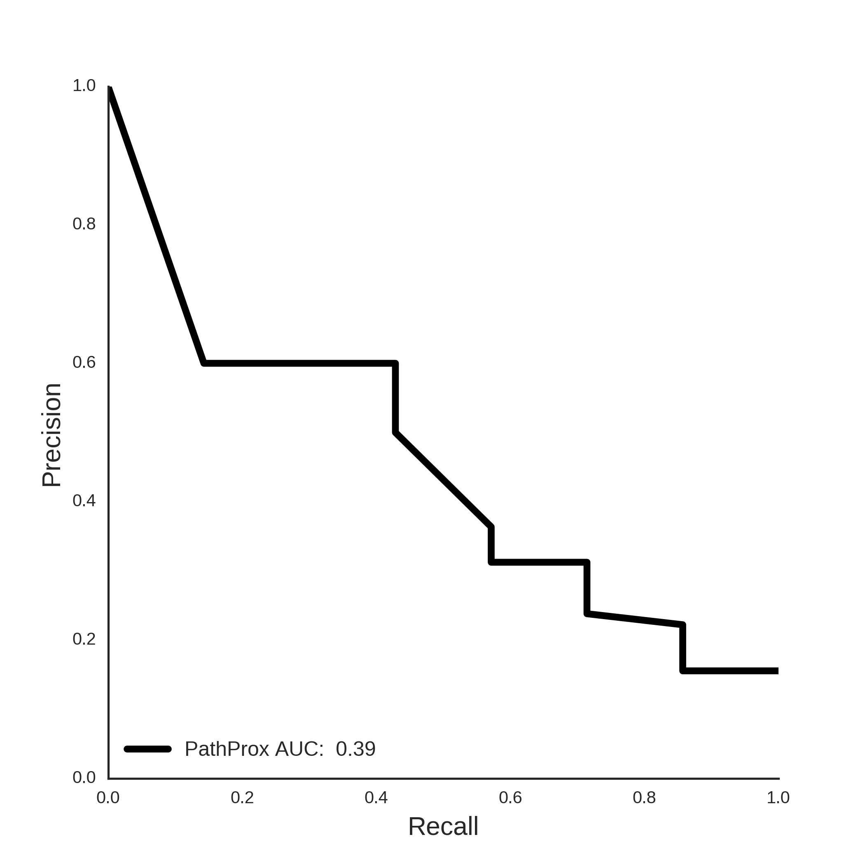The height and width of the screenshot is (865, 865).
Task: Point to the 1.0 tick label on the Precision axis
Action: pyautogui.click(x=84, y=86)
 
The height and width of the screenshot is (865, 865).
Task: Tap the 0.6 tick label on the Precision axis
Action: pyautogui.click(x=84, y=362)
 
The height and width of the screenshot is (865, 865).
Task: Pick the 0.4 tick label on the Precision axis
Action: pyautogui.click(x=84, y=500)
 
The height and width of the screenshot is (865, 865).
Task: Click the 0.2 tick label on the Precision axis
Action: pyautogui.click(x=84, y=639)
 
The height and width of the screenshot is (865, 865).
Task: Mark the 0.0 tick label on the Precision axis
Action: pyautogui.click(x=84, y=777)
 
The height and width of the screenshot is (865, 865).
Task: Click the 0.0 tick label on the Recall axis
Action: pyautogui.click(x=108, y=798)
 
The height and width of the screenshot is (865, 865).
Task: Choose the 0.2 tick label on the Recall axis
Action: pyautogui.click(x=242, y=798)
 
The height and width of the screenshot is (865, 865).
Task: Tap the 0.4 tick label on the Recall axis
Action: pyautogui.click(x=376, y=798)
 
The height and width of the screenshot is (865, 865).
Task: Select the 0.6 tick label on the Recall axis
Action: pyautogui.click(x=510, y=798)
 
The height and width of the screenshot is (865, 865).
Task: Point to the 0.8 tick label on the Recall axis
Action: pyautogui.click(x=644, y=798)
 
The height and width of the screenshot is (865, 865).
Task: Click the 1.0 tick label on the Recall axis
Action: pyautogui.click(x=778, y=798)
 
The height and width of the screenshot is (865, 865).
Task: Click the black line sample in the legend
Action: pyautogui.click(x=148, y=749)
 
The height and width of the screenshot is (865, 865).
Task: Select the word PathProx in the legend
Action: pyautogui.click(x=227, y=749)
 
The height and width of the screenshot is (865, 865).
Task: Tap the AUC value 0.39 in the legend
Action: pyautogui.click(x=355, y=749)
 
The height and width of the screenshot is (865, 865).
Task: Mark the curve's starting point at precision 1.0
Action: pyautogui.click(x=109, y=87)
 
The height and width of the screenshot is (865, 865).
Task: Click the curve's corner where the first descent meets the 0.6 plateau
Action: pyautogui.click(x=204, y=363)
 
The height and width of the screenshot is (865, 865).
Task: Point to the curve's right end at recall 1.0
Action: pyautogui.click(x=778, y=683)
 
